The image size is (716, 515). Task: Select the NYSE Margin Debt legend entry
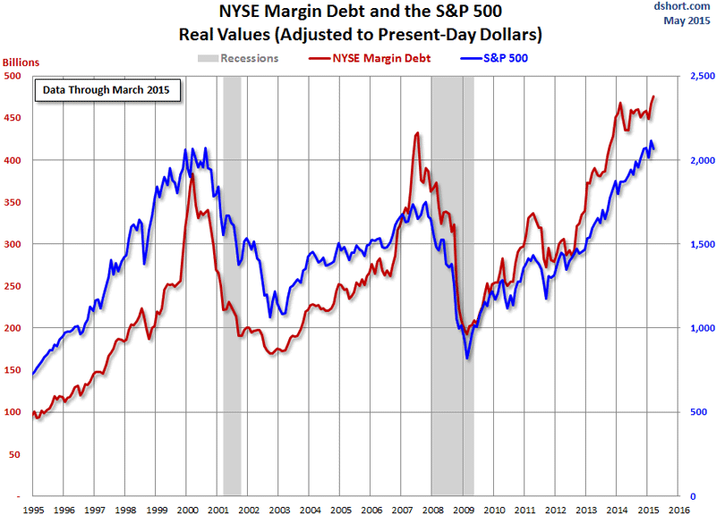tap(370, 59)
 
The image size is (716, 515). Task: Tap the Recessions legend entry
tap(237, 59)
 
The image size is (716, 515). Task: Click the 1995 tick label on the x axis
tap(33, 509)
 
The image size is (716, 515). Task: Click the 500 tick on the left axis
tap(13, 77)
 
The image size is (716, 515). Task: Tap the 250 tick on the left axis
tap(13, 286)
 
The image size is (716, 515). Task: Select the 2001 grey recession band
tap(232, 286)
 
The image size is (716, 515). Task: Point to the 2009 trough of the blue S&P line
tap(467, 359)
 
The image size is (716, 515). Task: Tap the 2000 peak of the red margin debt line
tap(192, 175)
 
